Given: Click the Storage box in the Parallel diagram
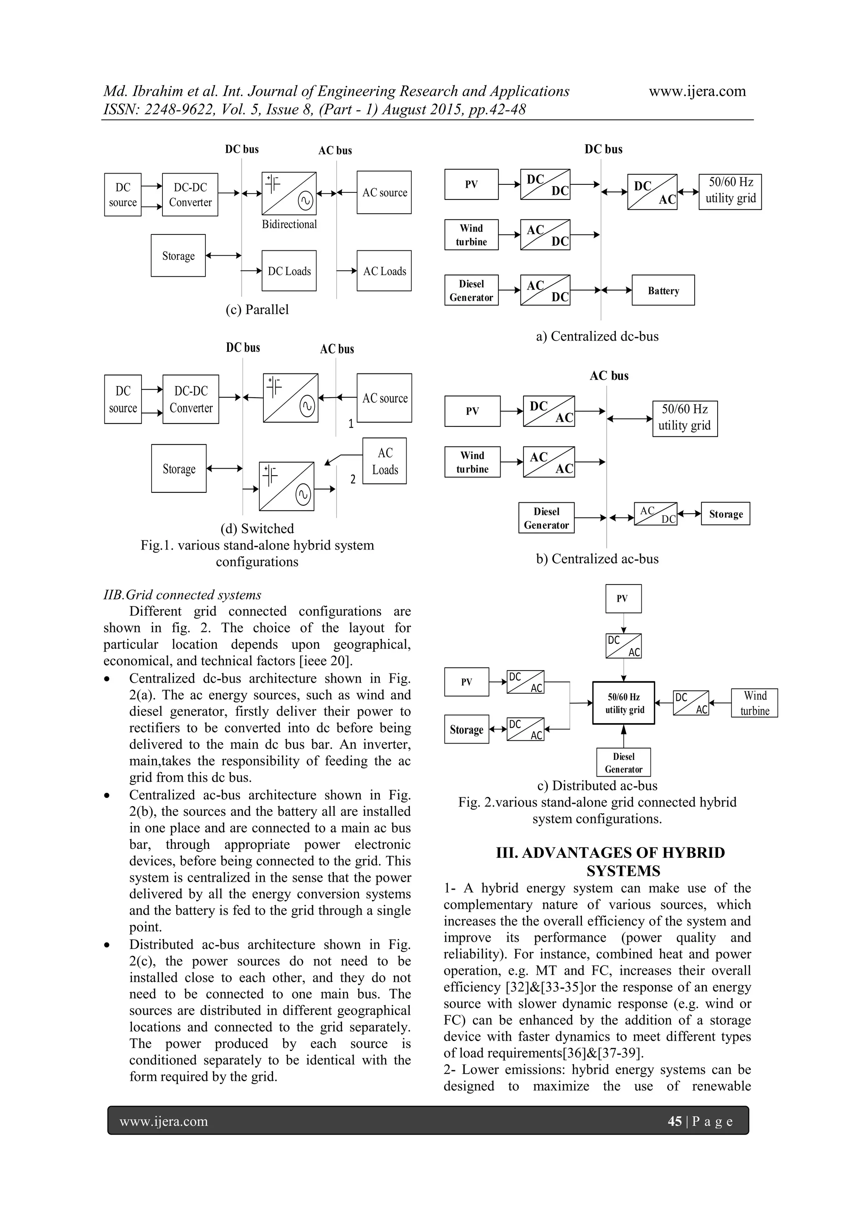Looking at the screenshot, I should tap(178, 256).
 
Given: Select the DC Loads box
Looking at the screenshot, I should tap(289, 271).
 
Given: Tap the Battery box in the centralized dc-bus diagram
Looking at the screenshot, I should tap(663, 290).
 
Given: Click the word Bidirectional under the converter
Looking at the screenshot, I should tap(289, 224).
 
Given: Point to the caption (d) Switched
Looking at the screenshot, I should tap(257, 528).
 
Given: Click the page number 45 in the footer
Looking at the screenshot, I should tap(674, 1121).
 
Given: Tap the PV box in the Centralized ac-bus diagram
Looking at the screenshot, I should tap(472, 411).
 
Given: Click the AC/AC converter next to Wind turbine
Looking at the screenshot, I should tap(549, 462).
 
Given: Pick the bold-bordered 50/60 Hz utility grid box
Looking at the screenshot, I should tap(624, 703).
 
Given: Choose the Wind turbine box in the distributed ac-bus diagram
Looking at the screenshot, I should tap(754, 703).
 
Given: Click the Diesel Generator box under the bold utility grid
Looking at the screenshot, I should tap(623, 762).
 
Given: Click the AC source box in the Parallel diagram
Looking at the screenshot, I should tap(384, 192).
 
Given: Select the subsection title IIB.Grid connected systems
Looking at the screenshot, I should tap(182, 595).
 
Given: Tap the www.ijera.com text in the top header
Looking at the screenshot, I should tap(697, 91).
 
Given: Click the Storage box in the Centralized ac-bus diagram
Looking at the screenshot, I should tap(725, 514).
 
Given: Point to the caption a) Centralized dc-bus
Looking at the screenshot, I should tap(597, 336).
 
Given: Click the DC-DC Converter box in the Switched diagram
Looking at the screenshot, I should tap(191, 399).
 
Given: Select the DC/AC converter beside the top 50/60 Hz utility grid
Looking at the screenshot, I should tap(652, 192).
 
